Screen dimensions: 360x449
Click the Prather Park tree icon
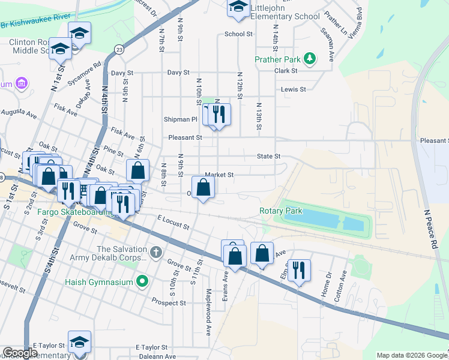(x=310, y=59)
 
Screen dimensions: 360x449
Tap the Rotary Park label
(x=281, y=211)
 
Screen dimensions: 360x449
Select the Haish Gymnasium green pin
(x=142, y=280)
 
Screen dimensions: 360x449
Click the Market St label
(x=218, y=175)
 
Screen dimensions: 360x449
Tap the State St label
(x=268, y=157)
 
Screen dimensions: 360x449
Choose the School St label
(x=238, y=34)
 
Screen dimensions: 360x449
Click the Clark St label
(x=286, y=71)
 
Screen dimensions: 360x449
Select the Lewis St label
(x=294, y=89)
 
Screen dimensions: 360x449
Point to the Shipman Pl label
(x=181, y=119)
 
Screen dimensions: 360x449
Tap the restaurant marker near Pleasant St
(x=219, y=113)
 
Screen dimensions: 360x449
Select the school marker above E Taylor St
(x=79, y=341)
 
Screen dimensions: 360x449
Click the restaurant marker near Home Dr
(x=298, y=269)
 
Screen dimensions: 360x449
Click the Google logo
(x=20, y=353)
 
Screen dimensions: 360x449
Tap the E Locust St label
(x=173, y=222)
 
